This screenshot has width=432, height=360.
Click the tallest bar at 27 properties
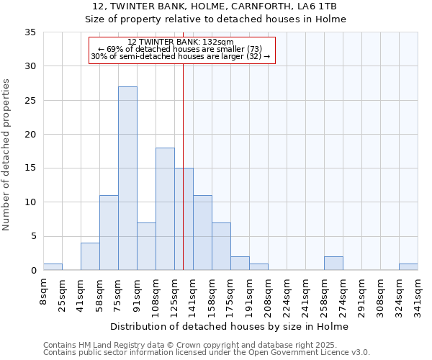127,179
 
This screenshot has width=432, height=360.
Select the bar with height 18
165,209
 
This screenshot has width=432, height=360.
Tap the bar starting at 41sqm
90,256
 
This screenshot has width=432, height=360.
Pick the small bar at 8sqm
53,266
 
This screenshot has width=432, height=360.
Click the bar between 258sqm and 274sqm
333,264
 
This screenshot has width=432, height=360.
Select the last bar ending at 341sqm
408,266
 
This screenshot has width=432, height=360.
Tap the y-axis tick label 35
30,32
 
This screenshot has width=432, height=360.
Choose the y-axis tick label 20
30,135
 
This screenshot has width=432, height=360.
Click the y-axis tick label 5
33,237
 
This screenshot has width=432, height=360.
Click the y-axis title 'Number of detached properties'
7,155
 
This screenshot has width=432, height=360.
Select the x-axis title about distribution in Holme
230,326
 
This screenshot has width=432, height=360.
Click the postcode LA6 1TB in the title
318,6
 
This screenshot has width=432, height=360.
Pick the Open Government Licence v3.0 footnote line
207,353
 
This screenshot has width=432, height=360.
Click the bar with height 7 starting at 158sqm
221,246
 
